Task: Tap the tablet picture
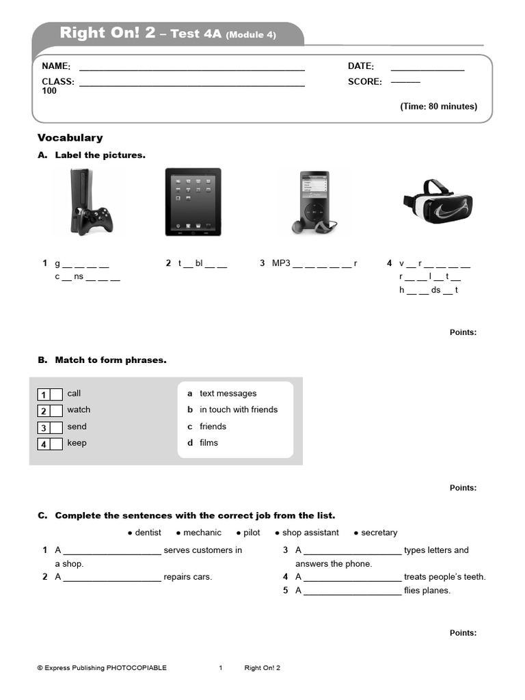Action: click(x=193, y=202)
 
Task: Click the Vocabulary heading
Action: click(x=70, y=137)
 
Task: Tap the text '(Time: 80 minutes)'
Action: click(x=438, y=107)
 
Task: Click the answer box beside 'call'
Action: click(x=56, y=394)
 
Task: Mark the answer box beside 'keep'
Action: click(x=56, y=444)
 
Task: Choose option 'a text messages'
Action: click(x=222, y=394)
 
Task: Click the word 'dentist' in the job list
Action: click(x=148, y=533)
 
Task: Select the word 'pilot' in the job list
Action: click(x=251, y=533)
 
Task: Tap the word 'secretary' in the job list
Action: click(x=378, y=533)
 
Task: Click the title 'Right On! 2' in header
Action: click(x=107, y=33)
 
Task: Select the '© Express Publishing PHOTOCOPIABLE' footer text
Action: click(x=102, y=668)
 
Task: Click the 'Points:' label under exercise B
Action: click(x=463, y=488)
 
